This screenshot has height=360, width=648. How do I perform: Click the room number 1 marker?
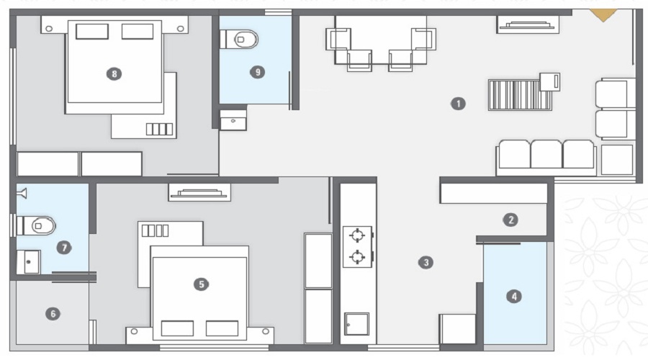[458, 103]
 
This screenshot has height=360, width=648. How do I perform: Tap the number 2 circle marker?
[510, 220]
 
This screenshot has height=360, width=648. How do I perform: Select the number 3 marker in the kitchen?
[426, 262]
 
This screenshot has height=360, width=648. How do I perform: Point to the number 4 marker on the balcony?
[513, 295]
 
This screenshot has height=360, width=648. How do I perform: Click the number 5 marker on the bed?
[201, 284]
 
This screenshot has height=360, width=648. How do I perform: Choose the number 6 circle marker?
[53, 313]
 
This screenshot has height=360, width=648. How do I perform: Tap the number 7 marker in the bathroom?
[65, 248]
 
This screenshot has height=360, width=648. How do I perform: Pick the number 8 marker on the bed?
[113, 73]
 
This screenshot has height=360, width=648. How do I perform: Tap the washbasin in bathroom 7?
[29, 262]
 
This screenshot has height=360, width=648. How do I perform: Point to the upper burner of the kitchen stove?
[357, 235]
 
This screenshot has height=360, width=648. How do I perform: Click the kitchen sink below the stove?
[356, 324]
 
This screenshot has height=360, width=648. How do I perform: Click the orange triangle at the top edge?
[603, 14]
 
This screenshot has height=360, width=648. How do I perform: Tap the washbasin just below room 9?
[233, 122]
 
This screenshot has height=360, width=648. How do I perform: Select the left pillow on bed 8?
[92, 32]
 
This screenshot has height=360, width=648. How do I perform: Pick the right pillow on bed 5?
[222, 328]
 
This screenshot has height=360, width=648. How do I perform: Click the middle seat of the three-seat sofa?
[546, 155]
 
